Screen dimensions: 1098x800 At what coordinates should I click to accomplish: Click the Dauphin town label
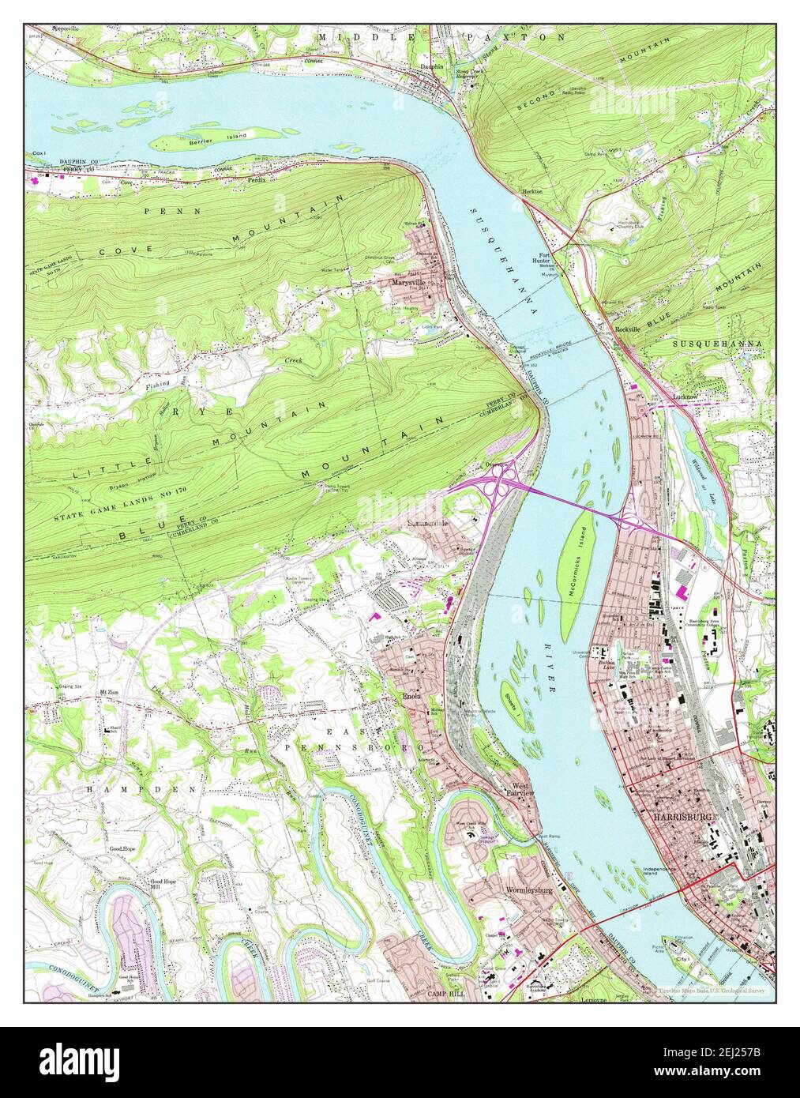tap(431, 68)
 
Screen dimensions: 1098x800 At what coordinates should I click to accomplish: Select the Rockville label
tap(628, 329)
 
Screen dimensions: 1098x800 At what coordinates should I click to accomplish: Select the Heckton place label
tap(534, 191)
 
